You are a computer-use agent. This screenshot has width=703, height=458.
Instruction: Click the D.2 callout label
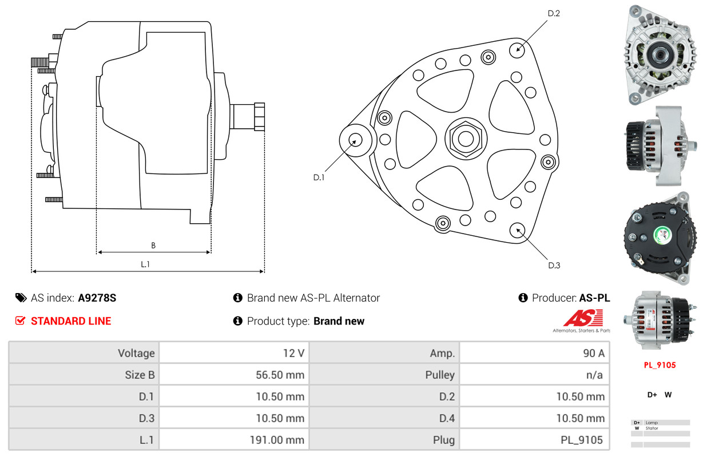click(553, 13)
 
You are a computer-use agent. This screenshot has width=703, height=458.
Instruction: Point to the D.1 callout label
click(319, 177)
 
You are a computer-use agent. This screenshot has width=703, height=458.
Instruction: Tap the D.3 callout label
click(554, 265)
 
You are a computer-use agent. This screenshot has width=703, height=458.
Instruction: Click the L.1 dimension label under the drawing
click(145, 264)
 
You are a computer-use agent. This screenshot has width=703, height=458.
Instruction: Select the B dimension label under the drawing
click(153, 246)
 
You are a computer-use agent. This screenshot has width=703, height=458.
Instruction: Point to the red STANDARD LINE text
click(71, 321)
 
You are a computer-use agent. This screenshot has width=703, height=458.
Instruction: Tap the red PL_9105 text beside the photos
click(660, 365)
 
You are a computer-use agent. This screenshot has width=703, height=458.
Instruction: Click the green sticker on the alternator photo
click(662, 234)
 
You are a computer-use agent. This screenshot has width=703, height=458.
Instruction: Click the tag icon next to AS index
click(21, 298)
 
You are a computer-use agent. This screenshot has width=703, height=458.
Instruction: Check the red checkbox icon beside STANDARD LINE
click(20, 321)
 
